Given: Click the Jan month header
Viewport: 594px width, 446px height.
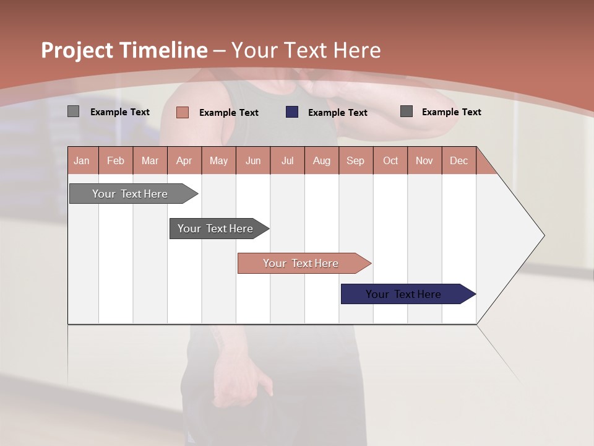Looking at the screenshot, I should coord(82,160).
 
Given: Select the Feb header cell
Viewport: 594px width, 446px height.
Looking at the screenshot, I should coord(116,160).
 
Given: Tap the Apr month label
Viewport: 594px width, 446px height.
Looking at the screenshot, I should coord(184,160).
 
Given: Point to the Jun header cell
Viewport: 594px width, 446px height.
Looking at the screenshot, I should coord(253,160).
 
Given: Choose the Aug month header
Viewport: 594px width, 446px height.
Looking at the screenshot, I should coord(321,160).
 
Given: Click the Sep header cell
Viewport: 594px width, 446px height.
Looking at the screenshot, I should coord(355,160).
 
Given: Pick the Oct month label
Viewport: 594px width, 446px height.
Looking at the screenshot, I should coord(390,160).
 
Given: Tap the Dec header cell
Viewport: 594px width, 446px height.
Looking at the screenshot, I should coord(458,160).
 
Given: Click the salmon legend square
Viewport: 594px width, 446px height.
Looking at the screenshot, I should coord(183,112).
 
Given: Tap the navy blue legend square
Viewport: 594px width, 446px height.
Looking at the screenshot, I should coord(292,112).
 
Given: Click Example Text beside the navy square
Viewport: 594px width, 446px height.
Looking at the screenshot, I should coord(337,113).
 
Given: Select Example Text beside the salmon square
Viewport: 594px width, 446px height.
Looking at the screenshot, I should coord(228,113).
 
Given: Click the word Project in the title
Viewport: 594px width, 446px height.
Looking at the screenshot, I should coord(77,50).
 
